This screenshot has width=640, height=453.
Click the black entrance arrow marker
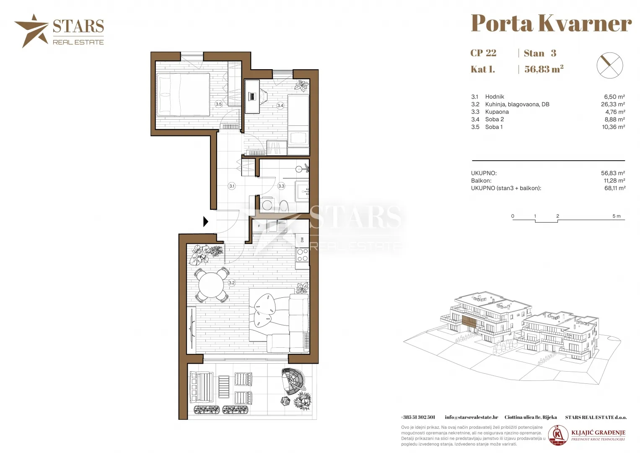pos(205,221)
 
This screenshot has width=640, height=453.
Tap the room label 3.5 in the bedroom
pos(218,104)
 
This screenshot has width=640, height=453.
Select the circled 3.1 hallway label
pos(232,186)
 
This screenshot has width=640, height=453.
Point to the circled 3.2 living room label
pos(231,283)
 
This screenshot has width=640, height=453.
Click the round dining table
pos(211,285)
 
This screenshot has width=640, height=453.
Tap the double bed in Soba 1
pos(183,95)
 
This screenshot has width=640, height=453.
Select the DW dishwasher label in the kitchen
pos(302,240)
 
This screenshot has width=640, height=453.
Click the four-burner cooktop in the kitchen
pos(302,255)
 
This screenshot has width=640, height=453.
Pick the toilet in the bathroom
pos(284,206)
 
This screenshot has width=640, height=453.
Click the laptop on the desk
pos(252,96)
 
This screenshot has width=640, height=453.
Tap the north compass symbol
pos(610,65)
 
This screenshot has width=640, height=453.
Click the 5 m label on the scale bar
pos(617,216)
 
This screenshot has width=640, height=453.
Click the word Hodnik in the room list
pos(495,96)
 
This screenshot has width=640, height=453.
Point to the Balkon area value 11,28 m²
pos(614,180)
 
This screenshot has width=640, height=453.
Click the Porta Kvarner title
pos(551,23)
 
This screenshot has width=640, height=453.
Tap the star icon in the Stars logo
pos(32,31)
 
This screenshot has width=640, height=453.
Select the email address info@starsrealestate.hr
pos(472,417)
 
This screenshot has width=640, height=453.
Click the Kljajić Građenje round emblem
pos(558,435)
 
